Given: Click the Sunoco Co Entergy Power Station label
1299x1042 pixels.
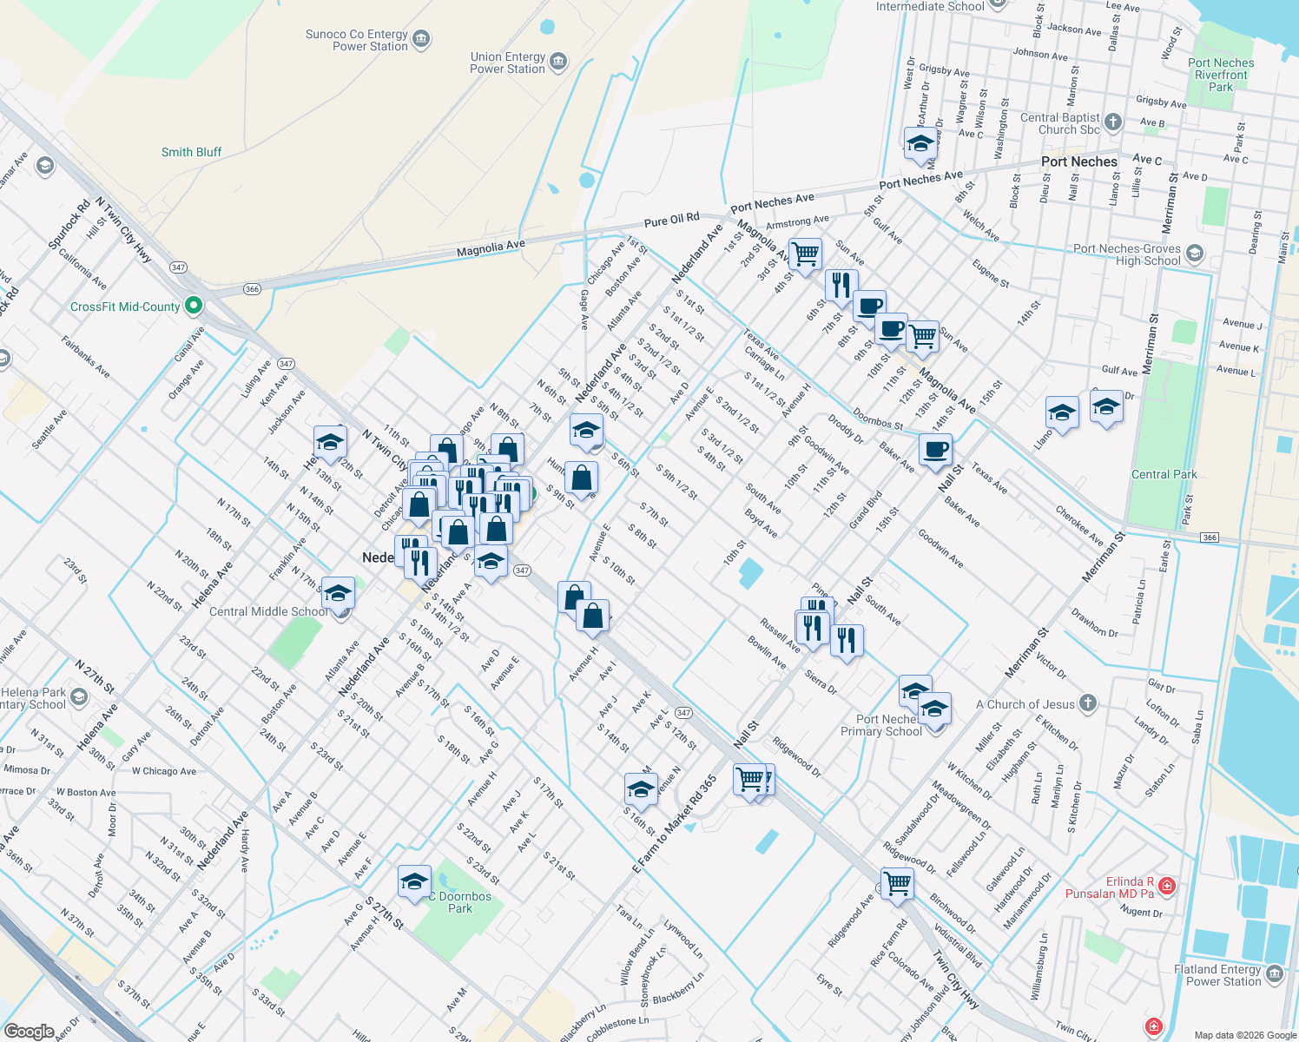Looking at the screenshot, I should [356, 41].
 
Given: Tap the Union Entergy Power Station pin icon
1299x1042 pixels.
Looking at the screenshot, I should [558, 62].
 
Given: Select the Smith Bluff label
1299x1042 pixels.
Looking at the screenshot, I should [191, 152].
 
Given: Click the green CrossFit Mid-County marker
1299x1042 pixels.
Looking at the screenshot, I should [194, 306].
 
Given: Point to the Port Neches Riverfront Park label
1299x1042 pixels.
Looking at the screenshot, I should [1221, 75].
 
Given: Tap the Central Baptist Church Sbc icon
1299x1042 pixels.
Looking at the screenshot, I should [1113, 122].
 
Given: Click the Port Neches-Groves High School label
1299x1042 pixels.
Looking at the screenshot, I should [1126, 254].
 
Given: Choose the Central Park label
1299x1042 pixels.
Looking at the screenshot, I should [1164, 474].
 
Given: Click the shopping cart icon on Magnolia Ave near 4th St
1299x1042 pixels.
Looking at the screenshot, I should [806, 254].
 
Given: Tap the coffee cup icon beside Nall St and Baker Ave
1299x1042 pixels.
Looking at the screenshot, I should [935, 450].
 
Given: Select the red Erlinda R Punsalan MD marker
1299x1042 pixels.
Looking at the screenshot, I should [1167, 886].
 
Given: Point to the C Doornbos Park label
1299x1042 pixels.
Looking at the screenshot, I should [460, 902].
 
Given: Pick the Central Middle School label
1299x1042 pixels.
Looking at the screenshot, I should [268, 611].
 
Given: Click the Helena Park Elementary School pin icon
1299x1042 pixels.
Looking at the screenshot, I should [79, 696].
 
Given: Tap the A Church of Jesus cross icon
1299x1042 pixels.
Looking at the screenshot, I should [1088, 703].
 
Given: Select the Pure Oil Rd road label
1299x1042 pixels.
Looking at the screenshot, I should [671, 220].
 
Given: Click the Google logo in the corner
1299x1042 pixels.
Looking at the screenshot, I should [30, 1032].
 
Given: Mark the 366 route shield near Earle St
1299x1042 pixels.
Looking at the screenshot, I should [1210, 537].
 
